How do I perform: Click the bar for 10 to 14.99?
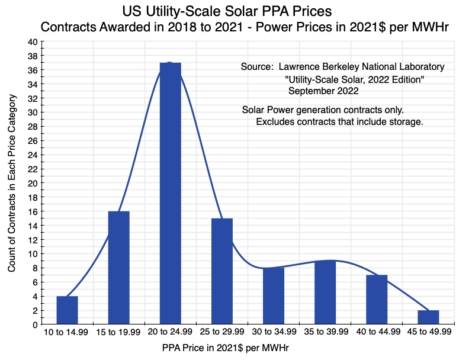(67, 310)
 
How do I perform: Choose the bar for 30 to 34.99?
(273, 296)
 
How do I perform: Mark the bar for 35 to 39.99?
(325, 292)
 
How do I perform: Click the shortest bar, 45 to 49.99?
(428, 317)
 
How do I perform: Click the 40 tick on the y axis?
(33, 42)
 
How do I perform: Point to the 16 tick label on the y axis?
(33, 211)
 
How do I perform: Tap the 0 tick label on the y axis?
(35, 324)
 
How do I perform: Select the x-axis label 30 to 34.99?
(273, 333)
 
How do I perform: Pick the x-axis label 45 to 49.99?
(428, 333)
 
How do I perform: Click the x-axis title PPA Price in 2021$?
(225, 349)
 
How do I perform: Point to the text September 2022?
(323, 91)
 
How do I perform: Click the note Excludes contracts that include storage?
(339, 122)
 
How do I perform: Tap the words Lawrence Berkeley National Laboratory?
(361, 67)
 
